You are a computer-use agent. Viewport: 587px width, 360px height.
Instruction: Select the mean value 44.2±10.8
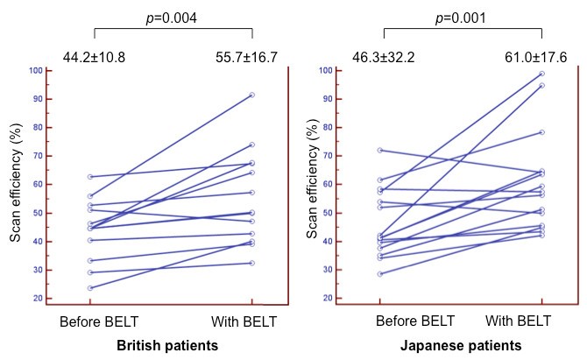94,58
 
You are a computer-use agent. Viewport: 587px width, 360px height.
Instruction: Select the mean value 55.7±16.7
247,58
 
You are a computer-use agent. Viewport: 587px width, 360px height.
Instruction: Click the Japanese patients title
461,345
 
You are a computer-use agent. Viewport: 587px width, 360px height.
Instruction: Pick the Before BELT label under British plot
94,321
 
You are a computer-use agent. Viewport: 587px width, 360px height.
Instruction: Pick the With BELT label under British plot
247,321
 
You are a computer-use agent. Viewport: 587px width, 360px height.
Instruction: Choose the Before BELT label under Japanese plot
382,321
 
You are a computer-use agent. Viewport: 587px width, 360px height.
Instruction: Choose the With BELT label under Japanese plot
535,321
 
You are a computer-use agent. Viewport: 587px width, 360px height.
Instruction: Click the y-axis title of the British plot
15,183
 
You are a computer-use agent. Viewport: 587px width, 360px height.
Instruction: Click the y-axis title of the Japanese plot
312,183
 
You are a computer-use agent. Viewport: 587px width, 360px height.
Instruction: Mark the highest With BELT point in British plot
252,95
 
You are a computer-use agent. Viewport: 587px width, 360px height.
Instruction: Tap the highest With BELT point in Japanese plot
541,74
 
